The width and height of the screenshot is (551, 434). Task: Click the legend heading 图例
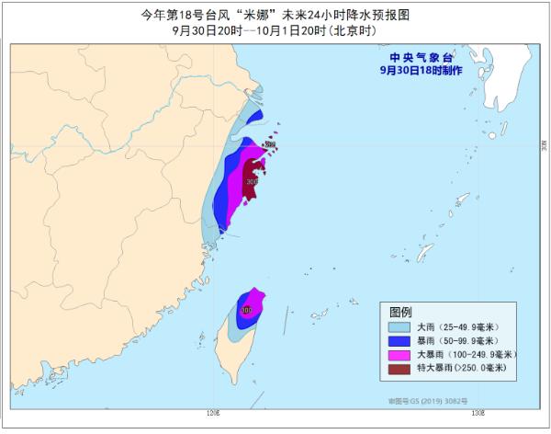[401, 311]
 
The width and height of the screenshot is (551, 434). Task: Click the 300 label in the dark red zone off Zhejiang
[252, 182]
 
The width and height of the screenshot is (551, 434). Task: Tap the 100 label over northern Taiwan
[245, 310]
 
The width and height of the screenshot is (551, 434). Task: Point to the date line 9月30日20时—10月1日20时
[275, 29]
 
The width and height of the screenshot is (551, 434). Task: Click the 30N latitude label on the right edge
[543, 144]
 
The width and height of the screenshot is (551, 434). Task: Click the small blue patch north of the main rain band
[253, 117]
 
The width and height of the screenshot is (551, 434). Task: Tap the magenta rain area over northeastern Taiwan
[257, 300]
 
